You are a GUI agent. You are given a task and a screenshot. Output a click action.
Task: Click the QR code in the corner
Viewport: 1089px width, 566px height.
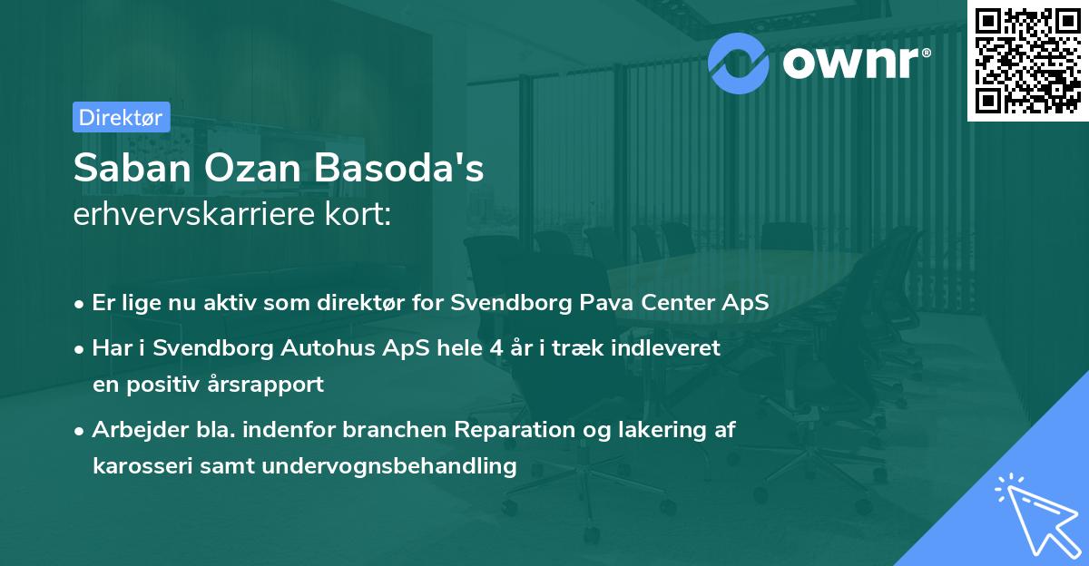coord(1026,60)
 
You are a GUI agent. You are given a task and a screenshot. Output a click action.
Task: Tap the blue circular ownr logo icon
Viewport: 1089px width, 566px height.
coord(740,61)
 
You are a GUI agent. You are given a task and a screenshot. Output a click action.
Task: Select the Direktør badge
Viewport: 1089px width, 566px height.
coord(121,116)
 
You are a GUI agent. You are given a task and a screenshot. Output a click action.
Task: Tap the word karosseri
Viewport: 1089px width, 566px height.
coord(136,466)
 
